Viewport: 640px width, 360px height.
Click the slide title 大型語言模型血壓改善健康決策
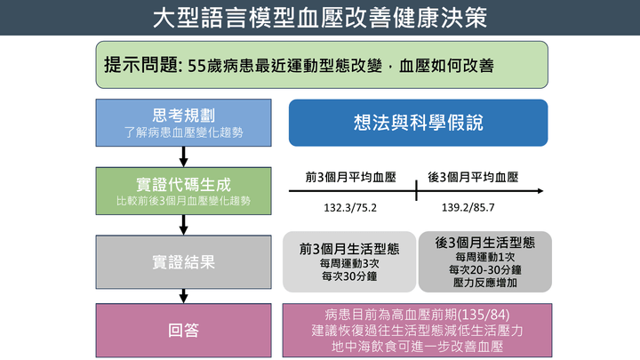click(320, 18)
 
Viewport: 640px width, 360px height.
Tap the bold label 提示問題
click(140, 66)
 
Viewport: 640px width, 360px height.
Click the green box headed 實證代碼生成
click(183, 191)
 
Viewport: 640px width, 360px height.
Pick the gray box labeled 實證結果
click(183, 262)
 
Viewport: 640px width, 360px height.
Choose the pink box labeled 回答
click(183, 331)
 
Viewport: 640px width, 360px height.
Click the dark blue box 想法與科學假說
click(418, 123)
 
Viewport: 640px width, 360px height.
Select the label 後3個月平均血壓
click(473, 178)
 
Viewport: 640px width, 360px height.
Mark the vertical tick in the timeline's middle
click(416, 190)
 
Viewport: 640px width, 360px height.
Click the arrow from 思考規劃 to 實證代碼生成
click(183, 157)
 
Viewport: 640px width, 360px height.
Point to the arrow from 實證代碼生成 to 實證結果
click(183, 226)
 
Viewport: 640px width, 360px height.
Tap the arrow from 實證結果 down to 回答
click(183, 295)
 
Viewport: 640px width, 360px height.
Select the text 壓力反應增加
click(485, 282)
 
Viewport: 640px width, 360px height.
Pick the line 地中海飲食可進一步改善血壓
click(417, 346)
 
